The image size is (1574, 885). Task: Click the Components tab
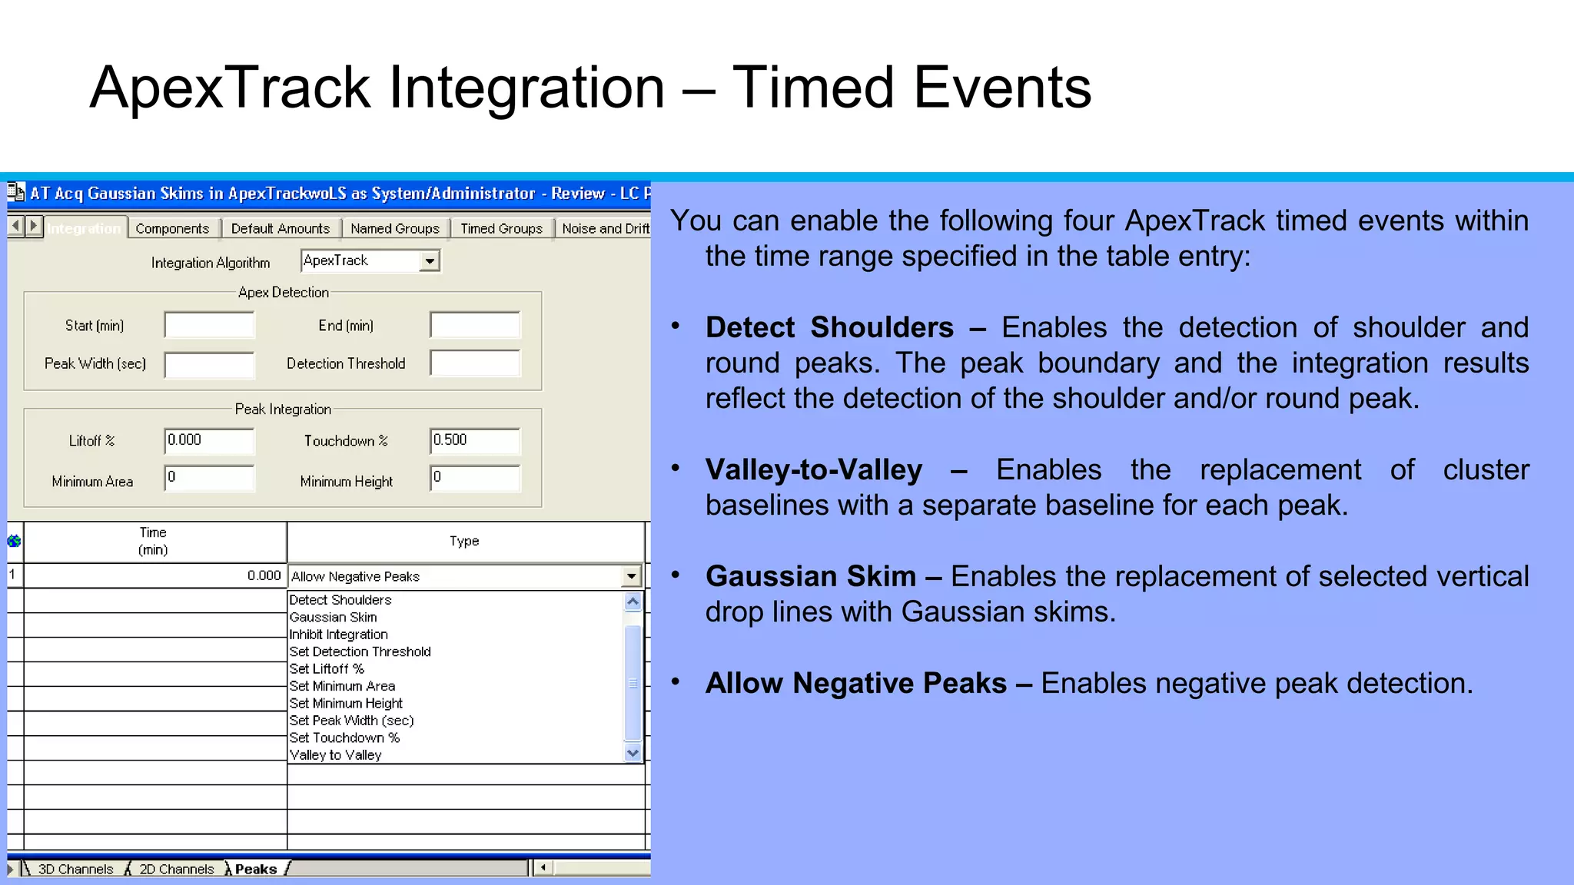coord(172,228)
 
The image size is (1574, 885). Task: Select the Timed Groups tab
coord(501,228)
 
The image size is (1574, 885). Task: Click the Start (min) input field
coord(209,325)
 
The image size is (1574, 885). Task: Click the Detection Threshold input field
coord(475,363)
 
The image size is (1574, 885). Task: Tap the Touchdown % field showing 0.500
coord(475,440)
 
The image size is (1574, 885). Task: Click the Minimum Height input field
coord(475,478)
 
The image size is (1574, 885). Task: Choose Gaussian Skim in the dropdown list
coord(333,617)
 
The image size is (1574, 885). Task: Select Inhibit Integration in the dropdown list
coord(338,635)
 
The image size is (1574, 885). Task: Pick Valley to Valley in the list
coord(335,754)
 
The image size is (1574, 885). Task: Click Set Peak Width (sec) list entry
coord(351,721)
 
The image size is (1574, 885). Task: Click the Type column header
coord(464,542)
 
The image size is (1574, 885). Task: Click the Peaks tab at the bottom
coord(255,869)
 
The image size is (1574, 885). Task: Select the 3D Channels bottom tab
coord(75,869)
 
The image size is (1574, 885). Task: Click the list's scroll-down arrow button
coord(633,753)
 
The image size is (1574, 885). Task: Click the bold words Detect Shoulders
coord(829,327)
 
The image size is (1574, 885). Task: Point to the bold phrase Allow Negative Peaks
coord(856,683)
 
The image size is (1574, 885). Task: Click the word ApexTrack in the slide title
coord(231,87)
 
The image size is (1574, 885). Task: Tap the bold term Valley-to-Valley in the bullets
coord(813,469)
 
